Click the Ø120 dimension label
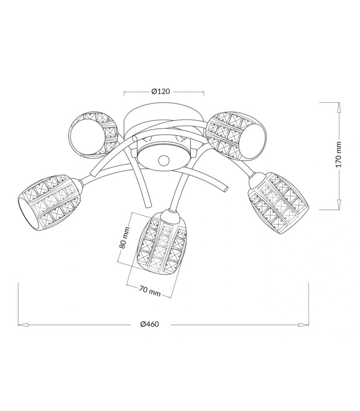(x=160, y=91)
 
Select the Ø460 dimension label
(x=150, y=324)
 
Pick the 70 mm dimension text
(x=150, y=291)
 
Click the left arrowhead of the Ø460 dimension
(x=23, y=325)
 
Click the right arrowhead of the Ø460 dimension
(x=303, y=325)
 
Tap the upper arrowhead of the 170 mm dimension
(x=339, y=108)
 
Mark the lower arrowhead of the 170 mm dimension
(x=339, y=204)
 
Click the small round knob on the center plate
(x=164, y=160)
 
